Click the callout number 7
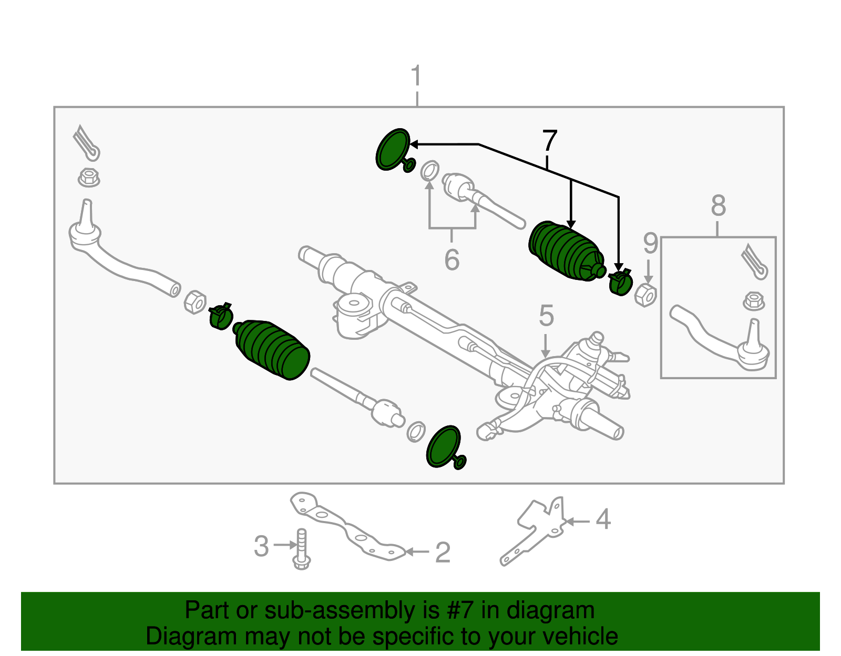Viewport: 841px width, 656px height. [x=549, y=141]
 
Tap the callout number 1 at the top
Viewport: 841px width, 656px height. [x=416, y=76]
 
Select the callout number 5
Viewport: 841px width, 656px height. [x=546, y=316]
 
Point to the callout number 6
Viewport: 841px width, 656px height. [x=452, y=260]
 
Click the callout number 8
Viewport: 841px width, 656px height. [x=718, y=205]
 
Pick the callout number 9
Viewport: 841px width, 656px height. [x=650, y=244]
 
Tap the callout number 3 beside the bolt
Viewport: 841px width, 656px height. [x=261, y=546]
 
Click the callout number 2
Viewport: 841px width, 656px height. [x=443, y=553]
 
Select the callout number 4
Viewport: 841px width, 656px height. [x=603, y=519]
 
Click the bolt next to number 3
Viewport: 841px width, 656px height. [x=302, y=549]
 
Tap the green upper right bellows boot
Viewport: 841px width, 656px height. [x=565, y=252]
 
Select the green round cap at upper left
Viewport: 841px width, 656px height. [x=393, y=149]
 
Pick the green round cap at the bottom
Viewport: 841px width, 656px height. [x=444, y=446]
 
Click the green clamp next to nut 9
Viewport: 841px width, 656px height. [x=620, y=282]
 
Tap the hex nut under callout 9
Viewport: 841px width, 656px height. [x=645, y=295]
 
